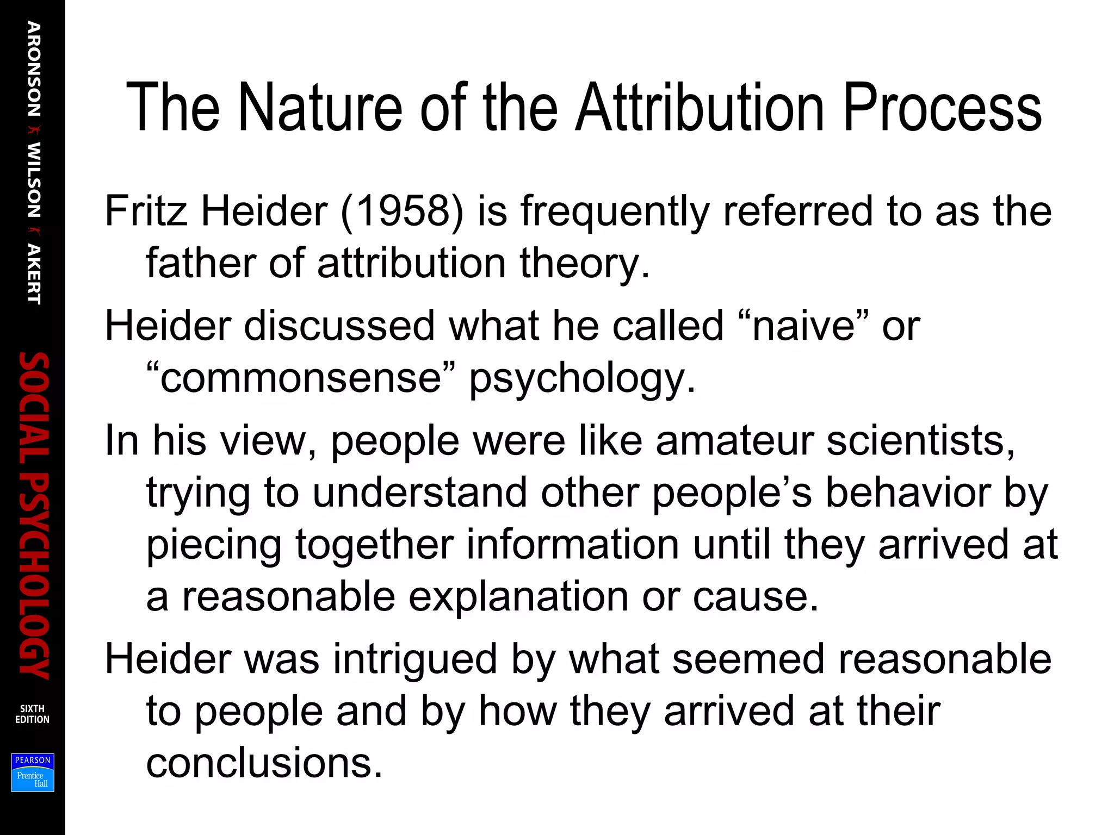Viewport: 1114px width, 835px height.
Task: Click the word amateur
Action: pyautogui.click(x=734, y=440)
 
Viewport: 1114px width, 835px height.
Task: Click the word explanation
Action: pyautogui.click(x=518, y=596)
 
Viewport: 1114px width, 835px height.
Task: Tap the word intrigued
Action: pyautogui.click(x=414, y=659)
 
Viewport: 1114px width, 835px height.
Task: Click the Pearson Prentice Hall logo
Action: pyautogui.click(x=33, y=772)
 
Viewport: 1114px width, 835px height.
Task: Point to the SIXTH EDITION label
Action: pyautogui.click(x=32, y=714)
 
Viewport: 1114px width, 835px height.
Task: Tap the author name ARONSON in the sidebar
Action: pyautogui.click(x=34, y=69)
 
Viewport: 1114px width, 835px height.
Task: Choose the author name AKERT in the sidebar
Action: pyautogui.click(x=34, y=274)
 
